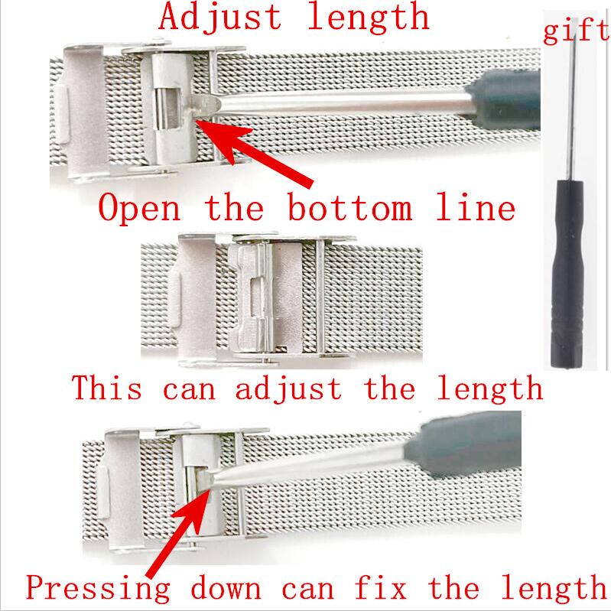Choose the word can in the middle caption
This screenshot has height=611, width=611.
192,388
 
